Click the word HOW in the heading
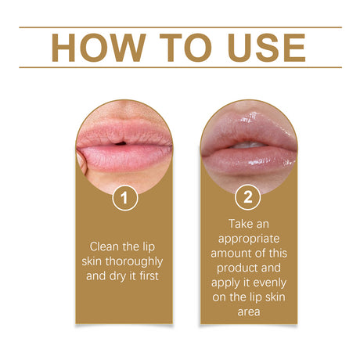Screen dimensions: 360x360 (x=99, y=48)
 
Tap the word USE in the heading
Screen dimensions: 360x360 (x=267, y=48)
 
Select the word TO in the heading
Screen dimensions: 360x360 (x=186, y=48)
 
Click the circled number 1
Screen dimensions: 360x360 (x=125, y=198)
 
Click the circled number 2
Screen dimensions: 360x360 (x=247, y=197)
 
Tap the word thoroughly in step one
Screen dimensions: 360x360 (x=134, y=261)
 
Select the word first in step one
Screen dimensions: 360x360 (x=149, y=276)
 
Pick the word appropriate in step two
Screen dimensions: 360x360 (x=249, y=239)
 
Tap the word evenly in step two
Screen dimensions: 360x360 (x=270, y=283)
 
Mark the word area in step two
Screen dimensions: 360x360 (x=249, y=312)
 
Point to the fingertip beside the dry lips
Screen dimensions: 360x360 (x=82, y=163)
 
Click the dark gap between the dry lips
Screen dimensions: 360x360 (x=121, y=143)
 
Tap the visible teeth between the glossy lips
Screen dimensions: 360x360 (x=248, y=146)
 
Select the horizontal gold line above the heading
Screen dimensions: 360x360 (x=180, y=27)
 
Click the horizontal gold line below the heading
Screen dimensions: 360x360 (x=180, y=67)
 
